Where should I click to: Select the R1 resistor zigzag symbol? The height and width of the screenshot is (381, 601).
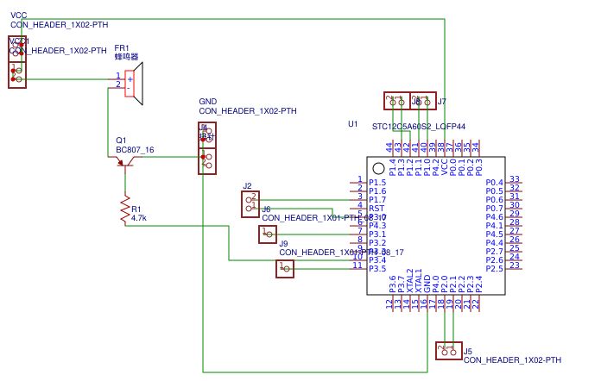(x=124, y=210)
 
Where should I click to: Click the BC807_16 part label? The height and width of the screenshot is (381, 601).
(x=135, y=150)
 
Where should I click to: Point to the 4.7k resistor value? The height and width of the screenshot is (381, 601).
(x=139, y=218)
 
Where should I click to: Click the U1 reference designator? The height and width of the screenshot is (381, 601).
(x=352, y=124)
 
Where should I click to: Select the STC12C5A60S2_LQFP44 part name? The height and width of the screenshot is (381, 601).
(x=419, y=127)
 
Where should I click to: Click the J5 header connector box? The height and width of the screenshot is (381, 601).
(x=448, y=350)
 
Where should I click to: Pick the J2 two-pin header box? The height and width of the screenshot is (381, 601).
(x=250, y=204)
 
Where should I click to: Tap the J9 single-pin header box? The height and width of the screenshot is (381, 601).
(x=285, y=269)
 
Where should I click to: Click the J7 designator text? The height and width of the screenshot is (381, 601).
(x=442, y=102)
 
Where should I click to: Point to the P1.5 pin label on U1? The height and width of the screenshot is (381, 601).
(x=377, y=183)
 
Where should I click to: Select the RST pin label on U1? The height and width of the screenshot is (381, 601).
(x=376, y=209)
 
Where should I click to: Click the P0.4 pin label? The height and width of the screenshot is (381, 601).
(x=494, y=183)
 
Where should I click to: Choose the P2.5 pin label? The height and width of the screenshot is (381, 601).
(x=494, y=269)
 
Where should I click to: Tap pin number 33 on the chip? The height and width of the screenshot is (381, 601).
(x=515, y=179)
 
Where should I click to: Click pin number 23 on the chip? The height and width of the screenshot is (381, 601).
(x=515, y=265)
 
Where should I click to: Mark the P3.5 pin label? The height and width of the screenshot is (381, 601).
(x=377, y=269)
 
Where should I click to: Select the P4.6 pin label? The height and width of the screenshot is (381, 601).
(x=494, y=217)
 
